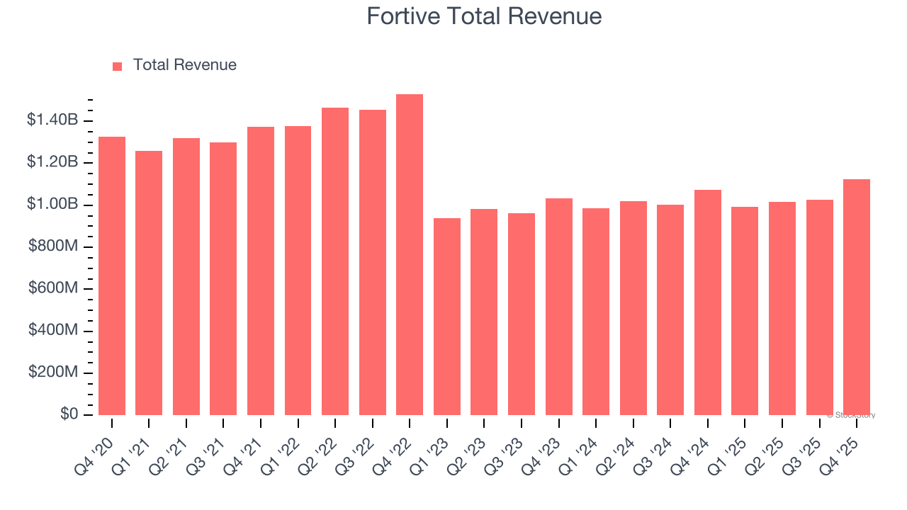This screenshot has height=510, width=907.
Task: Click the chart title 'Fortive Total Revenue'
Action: pyautogui.click(x=484, y=16)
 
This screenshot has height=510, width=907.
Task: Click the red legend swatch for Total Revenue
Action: pyautogui.click(x=118, y=66)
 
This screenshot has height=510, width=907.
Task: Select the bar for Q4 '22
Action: pyautogui.click(x=410, y=255)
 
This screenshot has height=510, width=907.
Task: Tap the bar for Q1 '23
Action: pyautogui.click(x=446, y=317)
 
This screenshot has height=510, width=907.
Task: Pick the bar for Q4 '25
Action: pyautogui.click(x=857, y=297)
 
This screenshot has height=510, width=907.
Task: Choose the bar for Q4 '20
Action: pyautogui.click(x=112, y=276)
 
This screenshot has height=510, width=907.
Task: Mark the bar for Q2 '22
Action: pyautogui.click(x=335, y=261)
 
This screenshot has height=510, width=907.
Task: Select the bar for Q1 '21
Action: pyautogui.click(x=149, y=283)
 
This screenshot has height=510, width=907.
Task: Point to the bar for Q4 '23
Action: pyautogui.click(x=558, y=307)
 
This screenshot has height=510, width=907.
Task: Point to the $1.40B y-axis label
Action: pyautogui.click(x=52, y=120)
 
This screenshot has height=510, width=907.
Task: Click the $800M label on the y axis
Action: pyautogui.click(x=52, y=246)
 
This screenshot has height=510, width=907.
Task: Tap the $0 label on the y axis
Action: pyautogui.click(x=69, y=414)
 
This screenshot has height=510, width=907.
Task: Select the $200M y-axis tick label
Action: pyautogui.click(x=52, y=373)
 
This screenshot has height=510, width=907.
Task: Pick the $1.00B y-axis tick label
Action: pyautogui.click(x=52, y=205)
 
